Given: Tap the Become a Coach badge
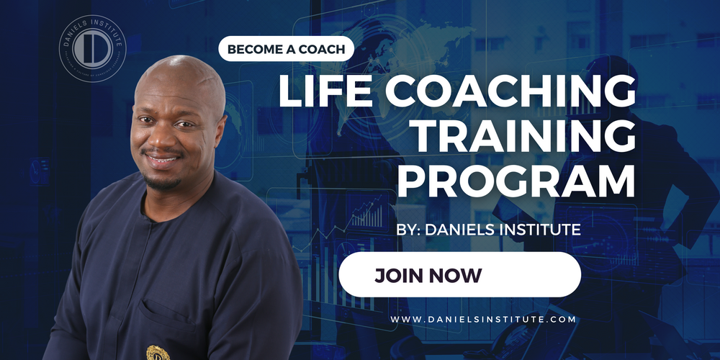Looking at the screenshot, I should tap(287, 50).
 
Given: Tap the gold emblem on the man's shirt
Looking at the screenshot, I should tap(154, 353).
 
